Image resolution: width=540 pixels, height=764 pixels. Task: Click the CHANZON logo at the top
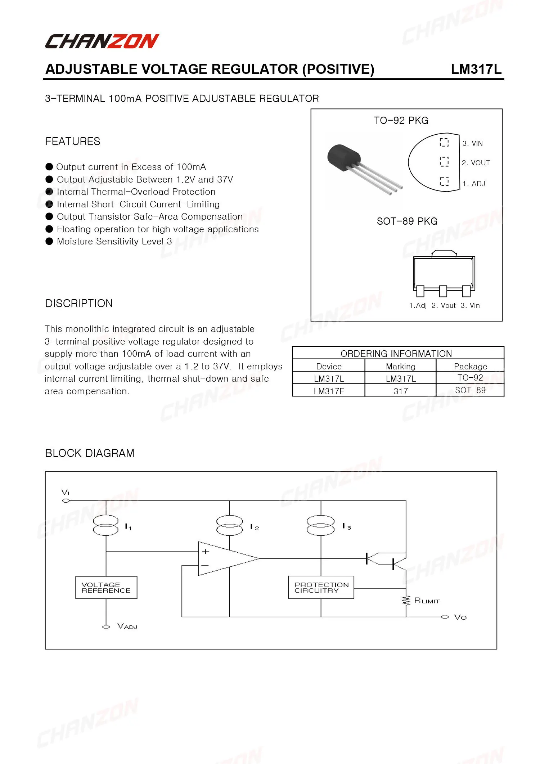(x=102, y=41)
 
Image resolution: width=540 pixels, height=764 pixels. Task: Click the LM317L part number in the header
(x=476, y=69)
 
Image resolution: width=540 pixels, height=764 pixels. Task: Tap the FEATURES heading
(x=73, y=141)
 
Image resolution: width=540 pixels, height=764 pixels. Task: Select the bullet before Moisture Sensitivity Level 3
(x=49, y=241)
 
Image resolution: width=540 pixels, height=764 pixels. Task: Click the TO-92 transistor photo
(x=360, y=167)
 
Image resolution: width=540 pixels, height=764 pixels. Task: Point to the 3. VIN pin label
(x=472, y=143)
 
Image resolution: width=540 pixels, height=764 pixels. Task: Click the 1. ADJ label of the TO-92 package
(x=473, y=184)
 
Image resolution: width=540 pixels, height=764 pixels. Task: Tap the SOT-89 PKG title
(x=407, y=221)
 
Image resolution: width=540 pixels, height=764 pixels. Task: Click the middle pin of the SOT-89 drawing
(x=443, y=291)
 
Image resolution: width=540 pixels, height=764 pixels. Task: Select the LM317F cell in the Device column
(x=329, y=391)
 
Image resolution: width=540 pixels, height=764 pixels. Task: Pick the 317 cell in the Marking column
(x=400, y=391)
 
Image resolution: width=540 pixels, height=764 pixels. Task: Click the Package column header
(x=470, y=366)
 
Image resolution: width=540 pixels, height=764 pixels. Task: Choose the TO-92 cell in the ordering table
(x=470, y=378)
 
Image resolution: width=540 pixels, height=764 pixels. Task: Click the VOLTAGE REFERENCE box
(x=106, y=588)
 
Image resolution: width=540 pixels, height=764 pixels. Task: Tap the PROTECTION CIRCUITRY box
(x=321, y=588)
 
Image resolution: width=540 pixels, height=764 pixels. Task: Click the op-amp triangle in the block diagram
(x=223, y=558)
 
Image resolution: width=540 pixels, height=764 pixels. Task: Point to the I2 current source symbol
(x=229, y=526)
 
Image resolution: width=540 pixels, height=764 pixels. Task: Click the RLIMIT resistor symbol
(x=406, y=601)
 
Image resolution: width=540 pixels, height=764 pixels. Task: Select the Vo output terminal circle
(x=445, y=617)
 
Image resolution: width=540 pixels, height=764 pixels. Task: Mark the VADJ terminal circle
(x=106, y=627)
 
